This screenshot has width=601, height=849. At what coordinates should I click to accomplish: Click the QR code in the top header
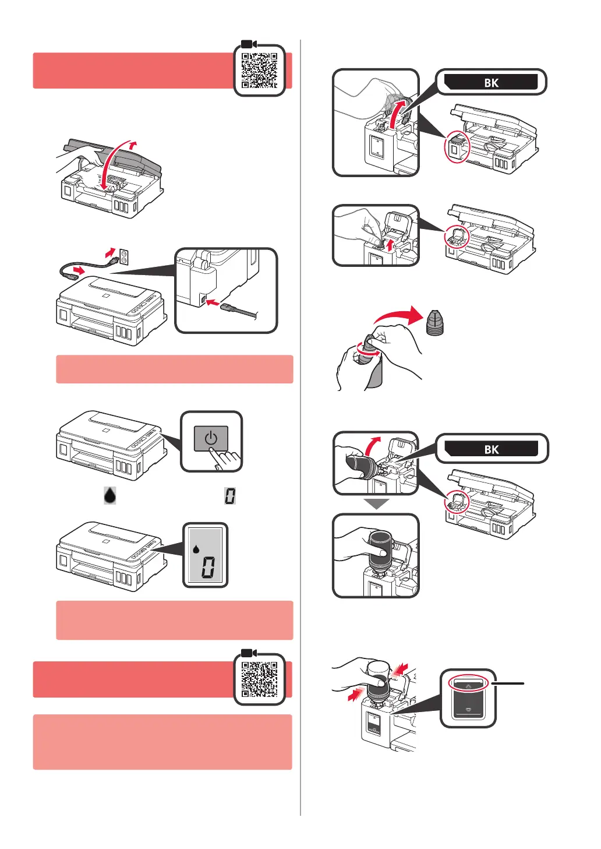pyautogui.click(x=259, y=71)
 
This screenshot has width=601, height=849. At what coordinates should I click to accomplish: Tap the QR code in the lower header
pyautogui.click(x=259, y=679)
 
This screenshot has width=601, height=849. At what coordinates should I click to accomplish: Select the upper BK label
pyautogui.click(x=491, y=82)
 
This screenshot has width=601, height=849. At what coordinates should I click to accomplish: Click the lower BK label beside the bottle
pyautogui.click(x=492, y=449)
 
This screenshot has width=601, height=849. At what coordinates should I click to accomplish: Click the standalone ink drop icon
pyautogui.click(x=109, y=495)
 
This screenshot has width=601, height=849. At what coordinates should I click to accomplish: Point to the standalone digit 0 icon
pyautogui.click(x=230, y=496)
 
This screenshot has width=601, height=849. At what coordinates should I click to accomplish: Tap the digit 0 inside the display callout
pyautogui.click(x=208, y=566)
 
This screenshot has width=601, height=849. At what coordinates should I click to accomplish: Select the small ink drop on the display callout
pyautogui.click(x=196, y=548)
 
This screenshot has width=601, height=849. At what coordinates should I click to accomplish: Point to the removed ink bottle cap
pyautogui.click(x=434, y=323)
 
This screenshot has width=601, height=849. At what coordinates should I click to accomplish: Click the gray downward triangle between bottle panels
pyautogui.click(x=376, y=504)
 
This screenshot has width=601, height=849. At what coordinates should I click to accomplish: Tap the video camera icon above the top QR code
pyautogui.click(x=249, y=44)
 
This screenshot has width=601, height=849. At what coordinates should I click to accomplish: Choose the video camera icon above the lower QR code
pyautogui.click(x=249, y=653)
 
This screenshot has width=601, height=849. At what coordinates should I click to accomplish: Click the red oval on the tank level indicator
pyautogui.click(x=469, y=686)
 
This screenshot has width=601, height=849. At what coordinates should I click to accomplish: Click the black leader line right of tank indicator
pyautogui.click(x=509, y=682)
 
